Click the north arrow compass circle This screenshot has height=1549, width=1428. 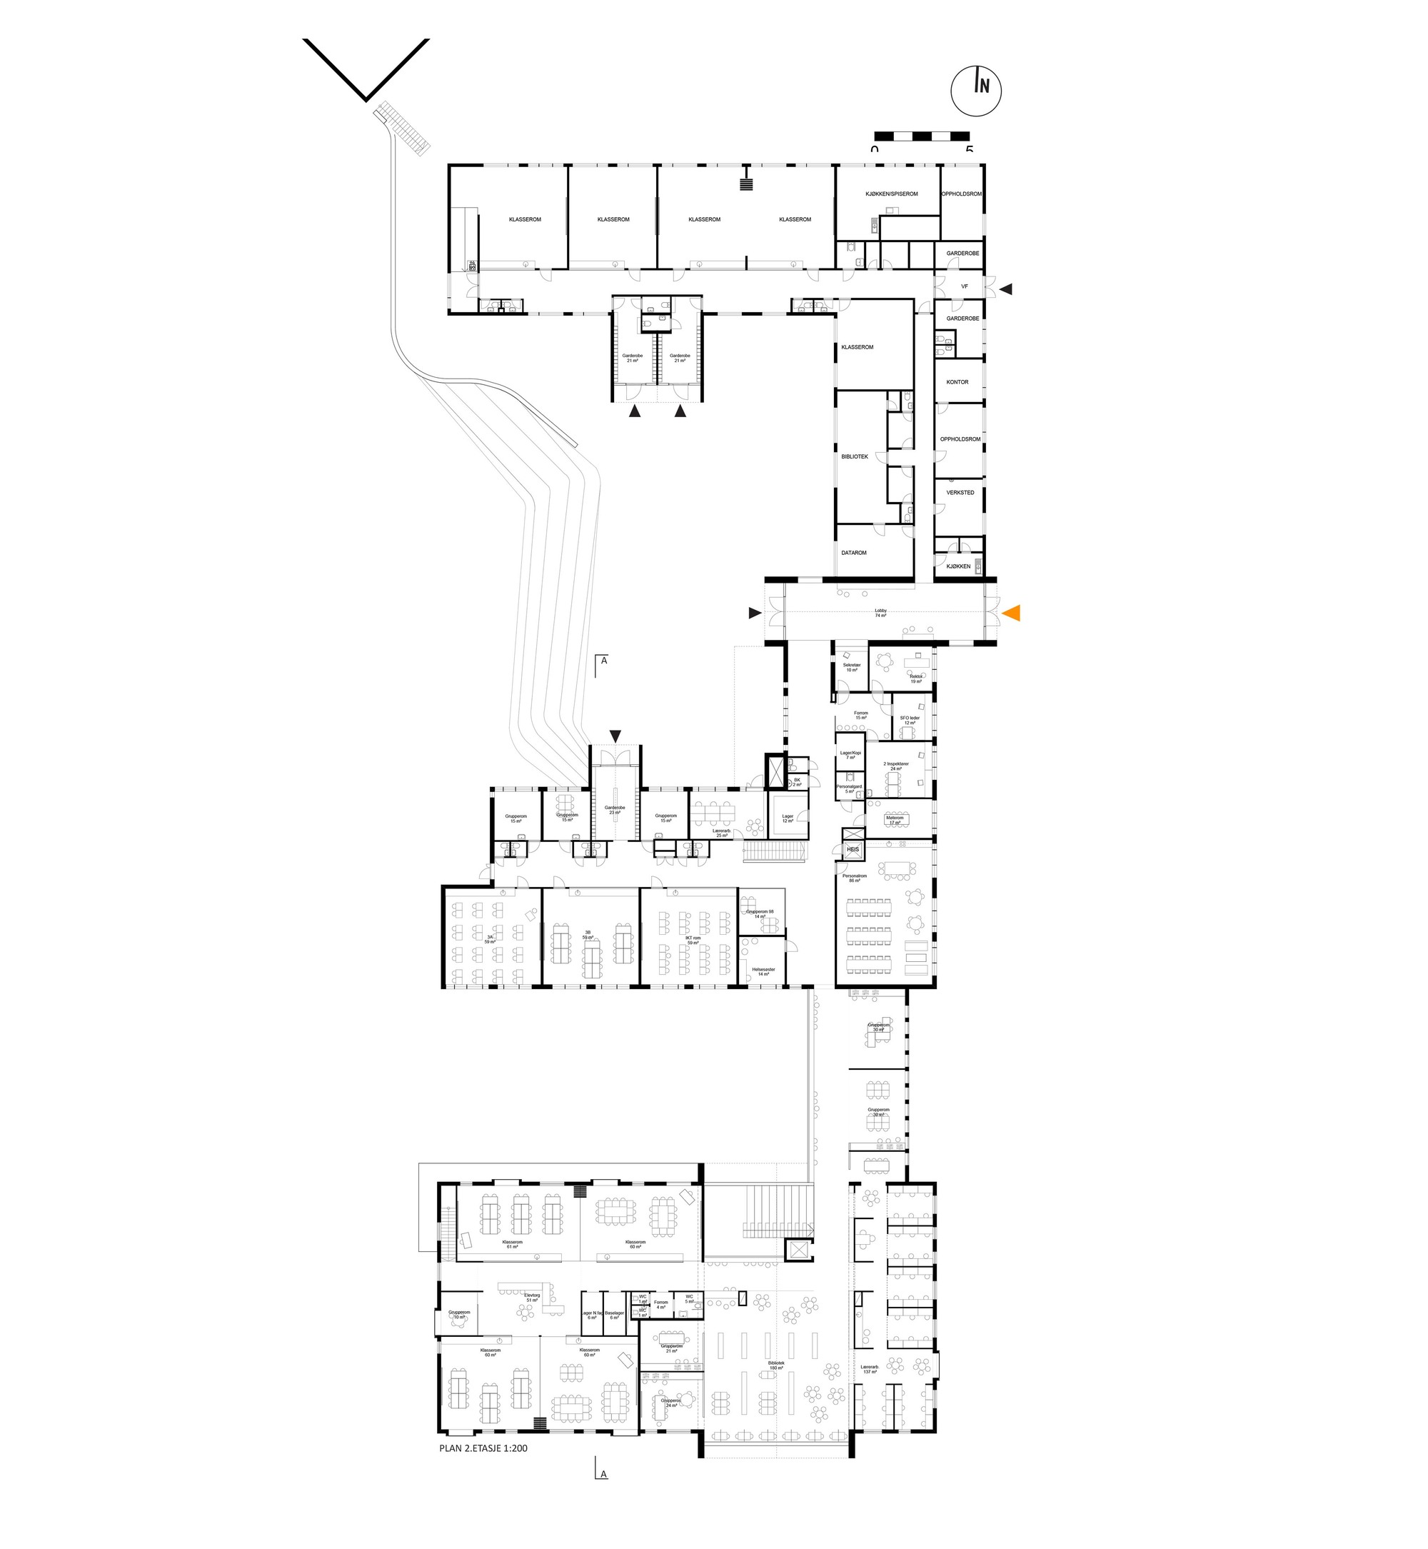coord(975,91)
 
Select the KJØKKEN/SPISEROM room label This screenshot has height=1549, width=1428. coord(891,194)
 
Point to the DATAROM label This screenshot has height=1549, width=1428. coord(854,553)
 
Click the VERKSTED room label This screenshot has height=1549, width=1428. coord(960,492)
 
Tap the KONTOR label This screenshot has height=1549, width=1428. coord(957,382)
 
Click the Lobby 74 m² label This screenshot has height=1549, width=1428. coord(880,613)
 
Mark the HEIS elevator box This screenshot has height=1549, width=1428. coord(853,848)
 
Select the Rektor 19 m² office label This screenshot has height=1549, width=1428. coord(915,678)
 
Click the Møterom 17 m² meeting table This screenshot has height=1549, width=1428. coord(895,819)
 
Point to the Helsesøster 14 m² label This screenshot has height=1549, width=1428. coord(763,971)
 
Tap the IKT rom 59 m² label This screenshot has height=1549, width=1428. coord(693,940)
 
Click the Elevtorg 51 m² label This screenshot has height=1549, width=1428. coord(532,1298)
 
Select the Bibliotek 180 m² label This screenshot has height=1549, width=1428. coord(777,1365)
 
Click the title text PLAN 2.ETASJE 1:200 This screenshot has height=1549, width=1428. coord(483,1448)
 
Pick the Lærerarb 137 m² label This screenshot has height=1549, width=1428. coord(870,1369)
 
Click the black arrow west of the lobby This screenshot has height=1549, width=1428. coord(754,613)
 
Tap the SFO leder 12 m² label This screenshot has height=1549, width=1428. coord(910,721)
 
